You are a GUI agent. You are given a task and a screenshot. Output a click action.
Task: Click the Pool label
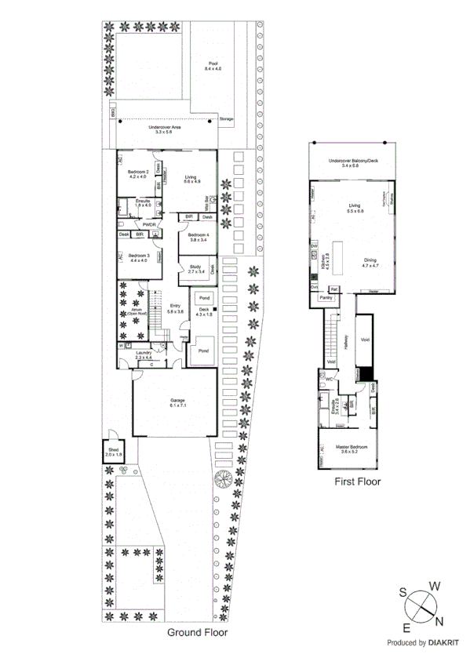point(213,66)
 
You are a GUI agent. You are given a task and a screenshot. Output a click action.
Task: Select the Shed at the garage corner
point(113,452)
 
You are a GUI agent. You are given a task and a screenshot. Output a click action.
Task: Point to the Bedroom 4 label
point(197,238)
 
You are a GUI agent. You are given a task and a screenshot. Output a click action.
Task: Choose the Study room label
point(196,269)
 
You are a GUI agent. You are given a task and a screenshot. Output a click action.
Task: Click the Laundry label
point(144,354)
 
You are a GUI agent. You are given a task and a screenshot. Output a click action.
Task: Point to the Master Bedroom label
point(348,448)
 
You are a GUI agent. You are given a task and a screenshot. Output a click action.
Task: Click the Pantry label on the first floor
point(327,298)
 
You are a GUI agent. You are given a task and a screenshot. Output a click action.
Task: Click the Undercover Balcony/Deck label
point(349,162)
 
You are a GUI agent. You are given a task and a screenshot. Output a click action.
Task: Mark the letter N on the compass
point(439,622)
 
